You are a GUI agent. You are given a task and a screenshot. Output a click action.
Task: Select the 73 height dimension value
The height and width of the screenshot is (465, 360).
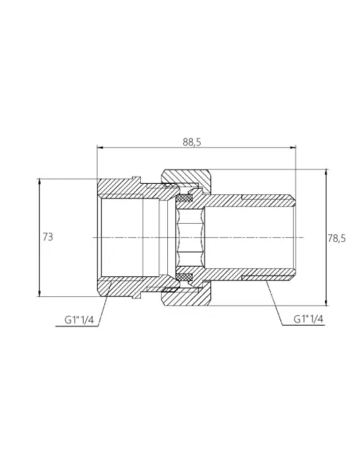pos(49,237)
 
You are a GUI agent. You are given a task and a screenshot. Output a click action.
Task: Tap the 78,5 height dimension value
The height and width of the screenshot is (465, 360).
pos(338,237)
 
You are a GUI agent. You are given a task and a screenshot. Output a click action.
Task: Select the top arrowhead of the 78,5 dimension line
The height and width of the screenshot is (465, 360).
pos(327,171)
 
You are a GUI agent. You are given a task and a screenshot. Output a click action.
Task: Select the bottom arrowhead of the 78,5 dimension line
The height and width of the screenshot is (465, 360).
pos(327,304)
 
